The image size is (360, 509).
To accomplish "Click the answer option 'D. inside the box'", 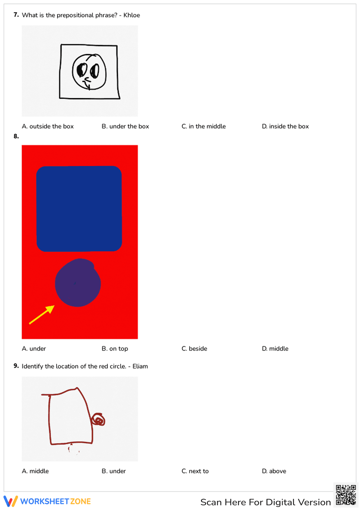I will coord(285,126).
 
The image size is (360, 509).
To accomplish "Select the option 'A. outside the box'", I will coord(48,126).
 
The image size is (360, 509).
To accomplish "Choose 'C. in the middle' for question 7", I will coord(203,126).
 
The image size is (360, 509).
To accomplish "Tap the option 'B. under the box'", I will coord(125,126).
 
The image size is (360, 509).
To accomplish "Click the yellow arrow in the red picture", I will coord(42,315).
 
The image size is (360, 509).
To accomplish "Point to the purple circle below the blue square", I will coord(78,283).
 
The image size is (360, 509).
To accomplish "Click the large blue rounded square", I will coord(79,208).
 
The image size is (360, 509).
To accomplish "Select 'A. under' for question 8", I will coord(34,348).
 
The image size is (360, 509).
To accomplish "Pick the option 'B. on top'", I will coord(115,348).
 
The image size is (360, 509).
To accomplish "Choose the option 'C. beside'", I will coord(194,348).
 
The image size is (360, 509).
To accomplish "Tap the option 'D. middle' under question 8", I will coord(275,348).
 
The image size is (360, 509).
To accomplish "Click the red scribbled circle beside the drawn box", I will coord(98,420).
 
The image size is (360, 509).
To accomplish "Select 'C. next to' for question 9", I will coord(195,471).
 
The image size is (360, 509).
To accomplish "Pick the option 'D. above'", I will coord(274,471).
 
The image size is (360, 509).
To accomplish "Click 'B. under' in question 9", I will coord(114,471).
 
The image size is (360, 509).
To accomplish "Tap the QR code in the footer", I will coord(346,495).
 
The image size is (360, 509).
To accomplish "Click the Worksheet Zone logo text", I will coord(55,501).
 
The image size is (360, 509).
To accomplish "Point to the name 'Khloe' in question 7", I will coord(132,15).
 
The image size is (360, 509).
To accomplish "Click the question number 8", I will coord(16,136).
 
